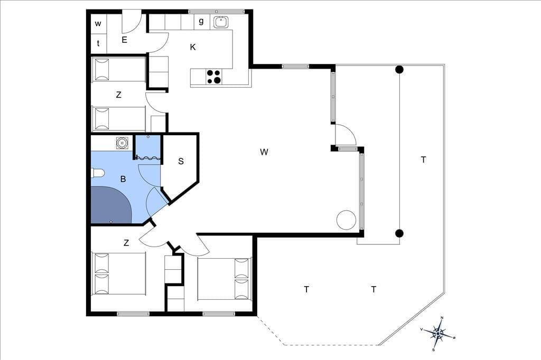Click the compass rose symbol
pos(438,334)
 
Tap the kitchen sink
pos(220,22)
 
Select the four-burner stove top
pos(213,77)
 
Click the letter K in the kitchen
pos(193,47)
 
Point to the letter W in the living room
pos(264,151)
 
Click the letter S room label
pos(181,161)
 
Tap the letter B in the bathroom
pos(123,179)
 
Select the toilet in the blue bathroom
pos(97,173)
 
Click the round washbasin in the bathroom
pos(122,143)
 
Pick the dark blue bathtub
pos(110,205)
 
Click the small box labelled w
pos(98,24)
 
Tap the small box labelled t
pos(98,43)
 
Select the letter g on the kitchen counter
pos(201,21)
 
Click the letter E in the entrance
pos(124,40)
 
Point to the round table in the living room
pos(346,220)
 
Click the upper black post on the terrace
pos(399,70)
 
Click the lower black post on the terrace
pos(399,233)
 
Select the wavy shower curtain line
pos(148,158)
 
